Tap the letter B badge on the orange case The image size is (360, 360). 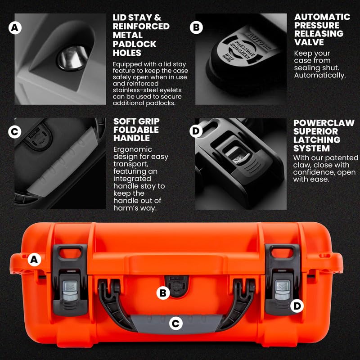coord(163,293)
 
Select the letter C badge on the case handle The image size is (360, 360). coord(176,323)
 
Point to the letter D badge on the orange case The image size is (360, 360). coord(297,306)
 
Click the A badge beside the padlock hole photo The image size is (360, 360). coord(15,28)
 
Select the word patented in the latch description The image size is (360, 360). coord(337,158)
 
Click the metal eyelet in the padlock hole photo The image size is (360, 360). coord(71,57)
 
